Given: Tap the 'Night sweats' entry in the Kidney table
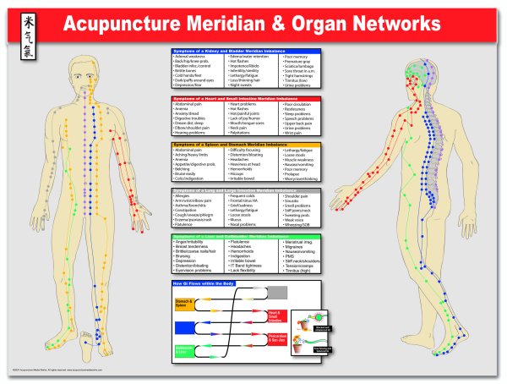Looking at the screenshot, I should pos(240,87).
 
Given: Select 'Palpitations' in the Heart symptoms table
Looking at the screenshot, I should pos(241,134).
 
